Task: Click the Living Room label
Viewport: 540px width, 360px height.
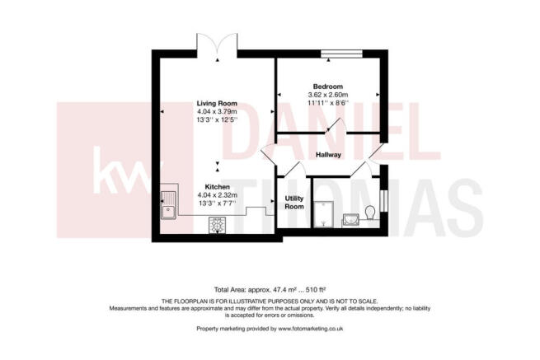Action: [217, 103]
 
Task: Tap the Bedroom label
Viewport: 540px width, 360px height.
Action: [328, 86]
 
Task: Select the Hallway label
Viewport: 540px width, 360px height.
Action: [328, 155]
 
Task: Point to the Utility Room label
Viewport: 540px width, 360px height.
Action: [294, 203]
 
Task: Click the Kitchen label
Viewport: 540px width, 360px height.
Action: [218, 187]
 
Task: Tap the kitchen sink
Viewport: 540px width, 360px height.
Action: [168, 205]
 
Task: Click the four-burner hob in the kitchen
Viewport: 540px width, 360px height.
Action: [217, 226]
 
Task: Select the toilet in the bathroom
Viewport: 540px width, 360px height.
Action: [370, 213]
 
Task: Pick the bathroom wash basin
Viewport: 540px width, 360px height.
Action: [350, 220]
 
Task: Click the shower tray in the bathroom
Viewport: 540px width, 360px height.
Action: [323, 214]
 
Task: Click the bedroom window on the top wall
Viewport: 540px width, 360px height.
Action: [341, 54]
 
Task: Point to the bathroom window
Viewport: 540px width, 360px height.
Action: [384, 201]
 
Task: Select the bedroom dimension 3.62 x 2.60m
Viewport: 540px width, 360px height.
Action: [328, 95]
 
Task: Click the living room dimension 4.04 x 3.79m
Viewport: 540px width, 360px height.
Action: [217, 111]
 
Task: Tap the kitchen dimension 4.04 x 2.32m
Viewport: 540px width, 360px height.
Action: [218, 195]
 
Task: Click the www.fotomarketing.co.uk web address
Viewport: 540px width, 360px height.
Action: [311, 329]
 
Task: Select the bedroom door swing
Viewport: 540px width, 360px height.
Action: [336, 125]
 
